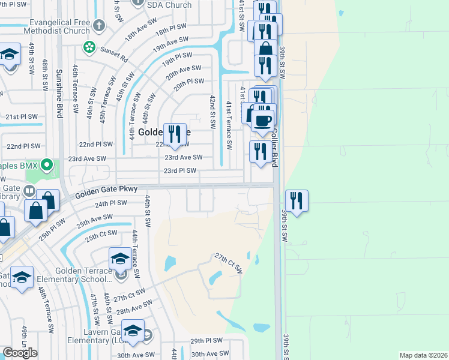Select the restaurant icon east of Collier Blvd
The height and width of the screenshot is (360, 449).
[x=297, y=200]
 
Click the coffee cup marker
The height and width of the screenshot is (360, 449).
[x=262, y=121]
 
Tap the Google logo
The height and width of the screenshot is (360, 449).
[x=20, y=353]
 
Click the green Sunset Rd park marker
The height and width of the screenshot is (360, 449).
[x=89, y=46]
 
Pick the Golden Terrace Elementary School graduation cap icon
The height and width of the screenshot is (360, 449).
[x=119, y=259]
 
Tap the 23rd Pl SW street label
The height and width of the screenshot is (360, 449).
[x=180, y=171]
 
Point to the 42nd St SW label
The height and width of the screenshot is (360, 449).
[x=212, y=112]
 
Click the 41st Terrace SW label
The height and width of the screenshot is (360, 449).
[x=229, y=125]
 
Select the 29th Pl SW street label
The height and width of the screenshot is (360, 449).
[x=206, y=340]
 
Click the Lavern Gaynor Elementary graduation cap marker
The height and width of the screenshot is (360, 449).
[x=133, y=331]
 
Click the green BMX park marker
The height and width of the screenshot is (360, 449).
[x=52, y=164]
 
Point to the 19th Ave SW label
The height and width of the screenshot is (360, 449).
[x=170, y=43]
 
